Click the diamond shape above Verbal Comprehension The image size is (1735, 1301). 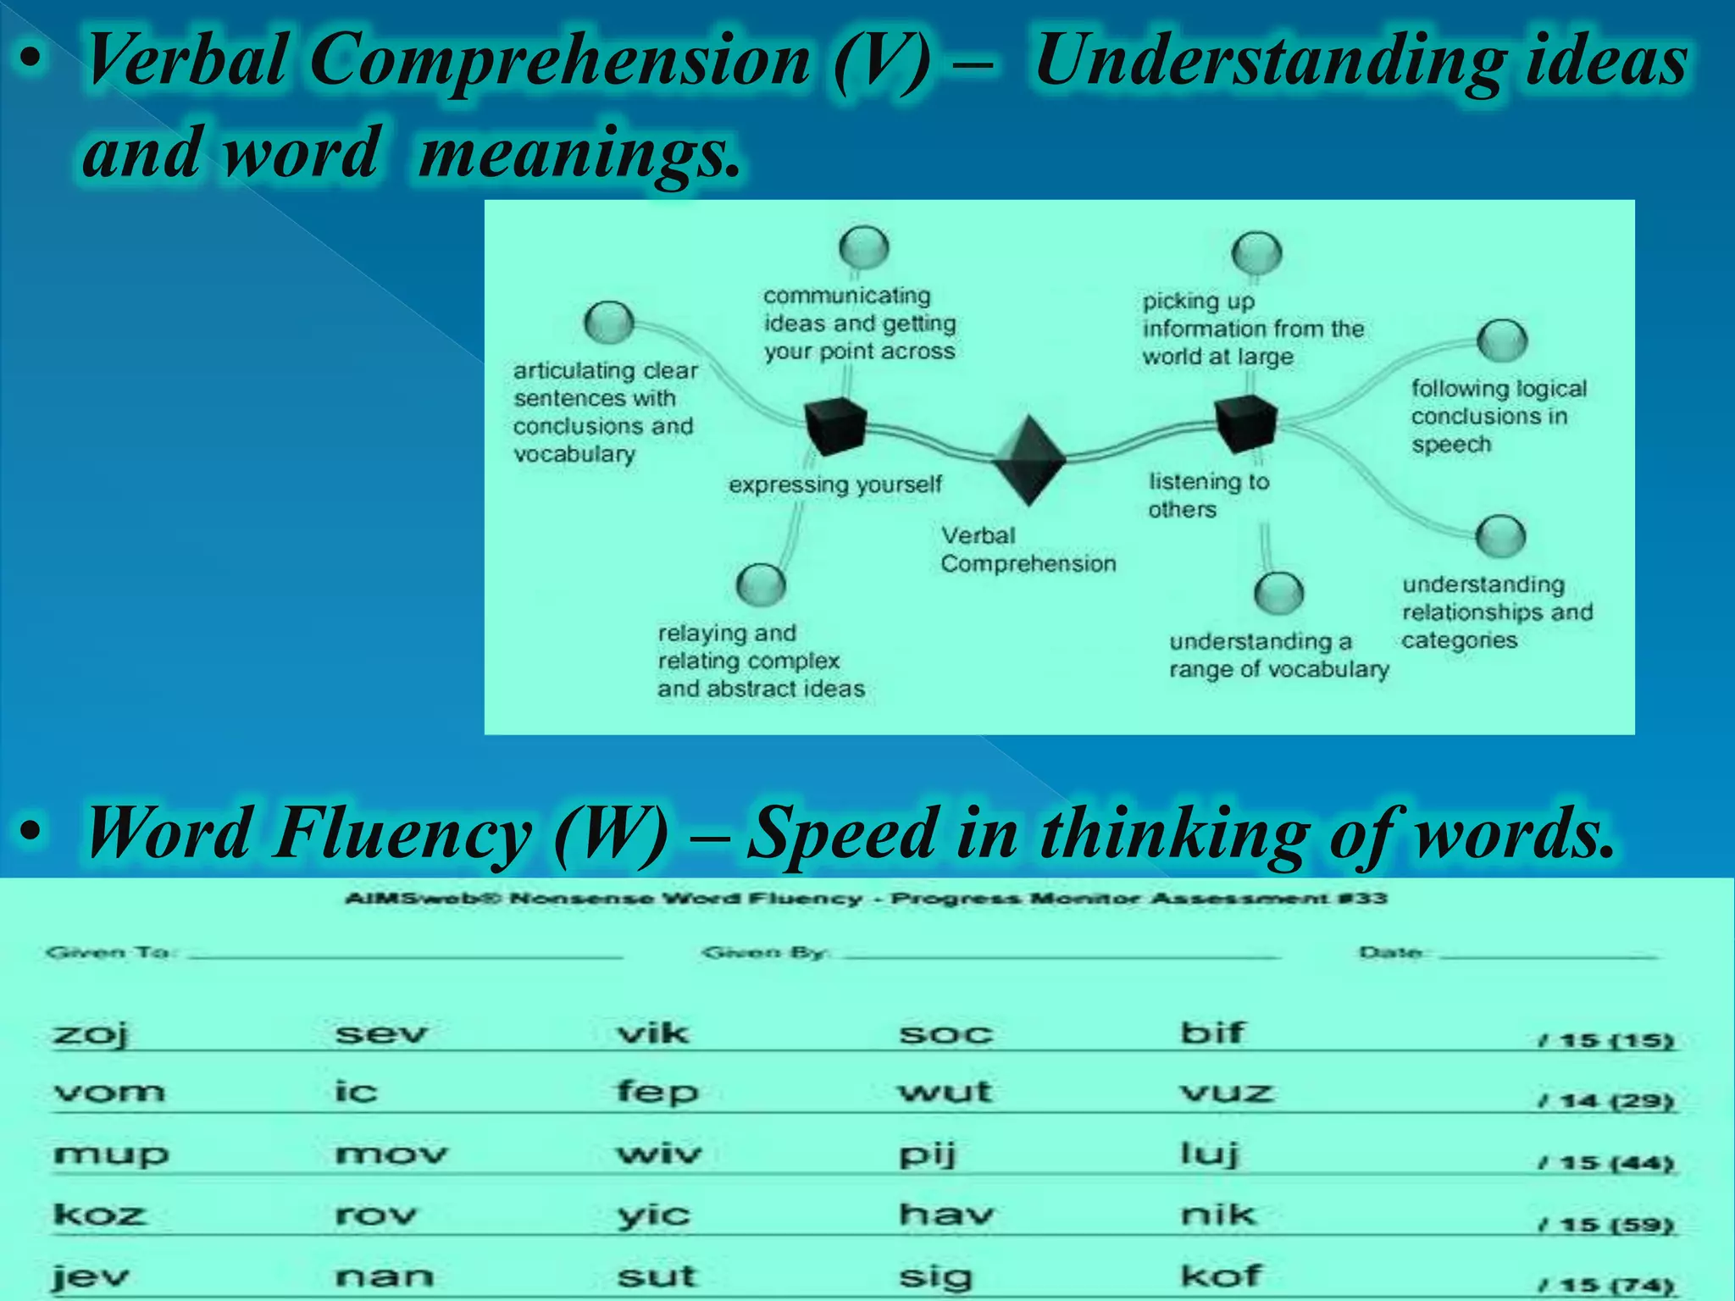[x=1028, y=460]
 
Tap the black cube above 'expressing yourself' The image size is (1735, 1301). [x=835, y=425]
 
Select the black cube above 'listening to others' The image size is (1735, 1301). [x=1245, y=423]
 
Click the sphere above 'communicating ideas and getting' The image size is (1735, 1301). [x=863, y=247]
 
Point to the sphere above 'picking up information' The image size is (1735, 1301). [x=1256, y=252]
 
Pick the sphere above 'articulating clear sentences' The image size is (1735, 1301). [x=608, y=322]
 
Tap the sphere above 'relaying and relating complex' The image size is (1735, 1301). [x=761, y=584]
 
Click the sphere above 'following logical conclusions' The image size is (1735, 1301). [x=1502, y=340]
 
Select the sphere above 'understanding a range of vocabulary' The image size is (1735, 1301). [x=1278, y=592]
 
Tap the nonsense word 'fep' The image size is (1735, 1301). [x=657, y=1092]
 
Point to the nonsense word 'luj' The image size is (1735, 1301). [x=1210, y=1154]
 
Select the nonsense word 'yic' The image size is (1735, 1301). [x=653, y=1216]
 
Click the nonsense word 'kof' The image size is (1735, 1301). [x=1221, y=1276]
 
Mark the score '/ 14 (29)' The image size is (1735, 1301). [x=1605, y=1101]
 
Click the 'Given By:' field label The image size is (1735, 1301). [x=763, y=953]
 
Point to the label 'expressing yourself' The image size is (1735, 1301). [x=835, y=484]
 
